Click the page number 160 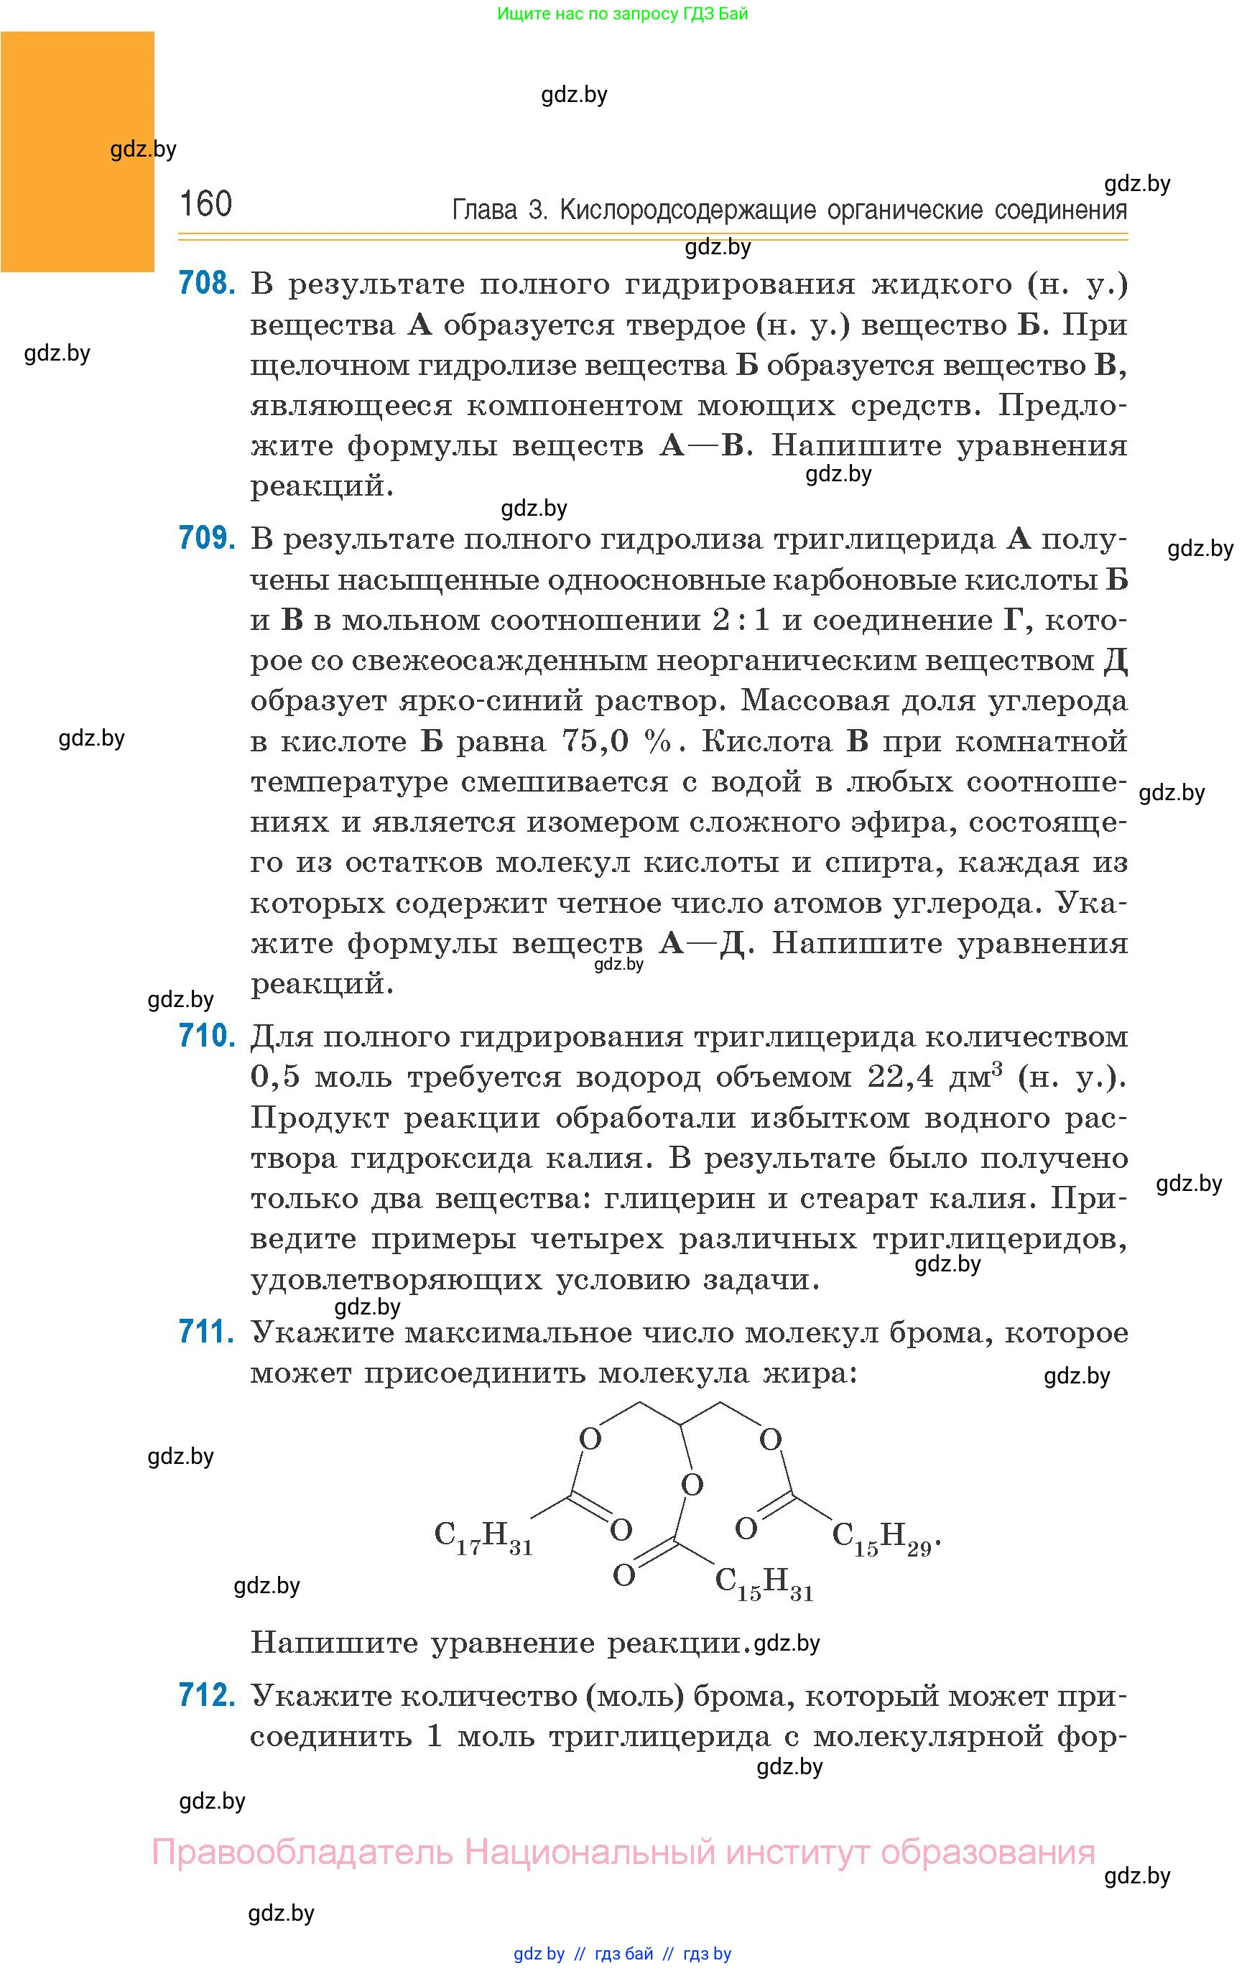[205, 204]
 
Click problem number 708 [207, 283]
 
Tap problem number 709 [207, 538]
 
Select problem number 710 [207, 1036]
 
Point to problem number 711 [207, 1332]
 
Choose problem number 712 [207, 1694]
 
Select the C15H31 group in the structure [764, 1582]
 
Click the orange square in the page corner [77, 152]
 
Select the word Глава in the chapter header [485, 210]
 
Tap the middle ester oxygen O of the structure [692, 1485]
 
